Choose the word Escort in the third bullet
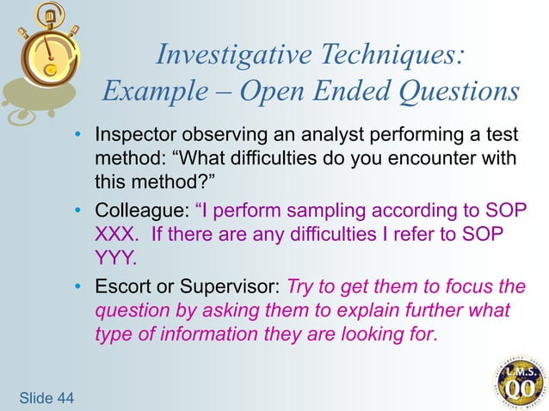pos(120,286)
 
